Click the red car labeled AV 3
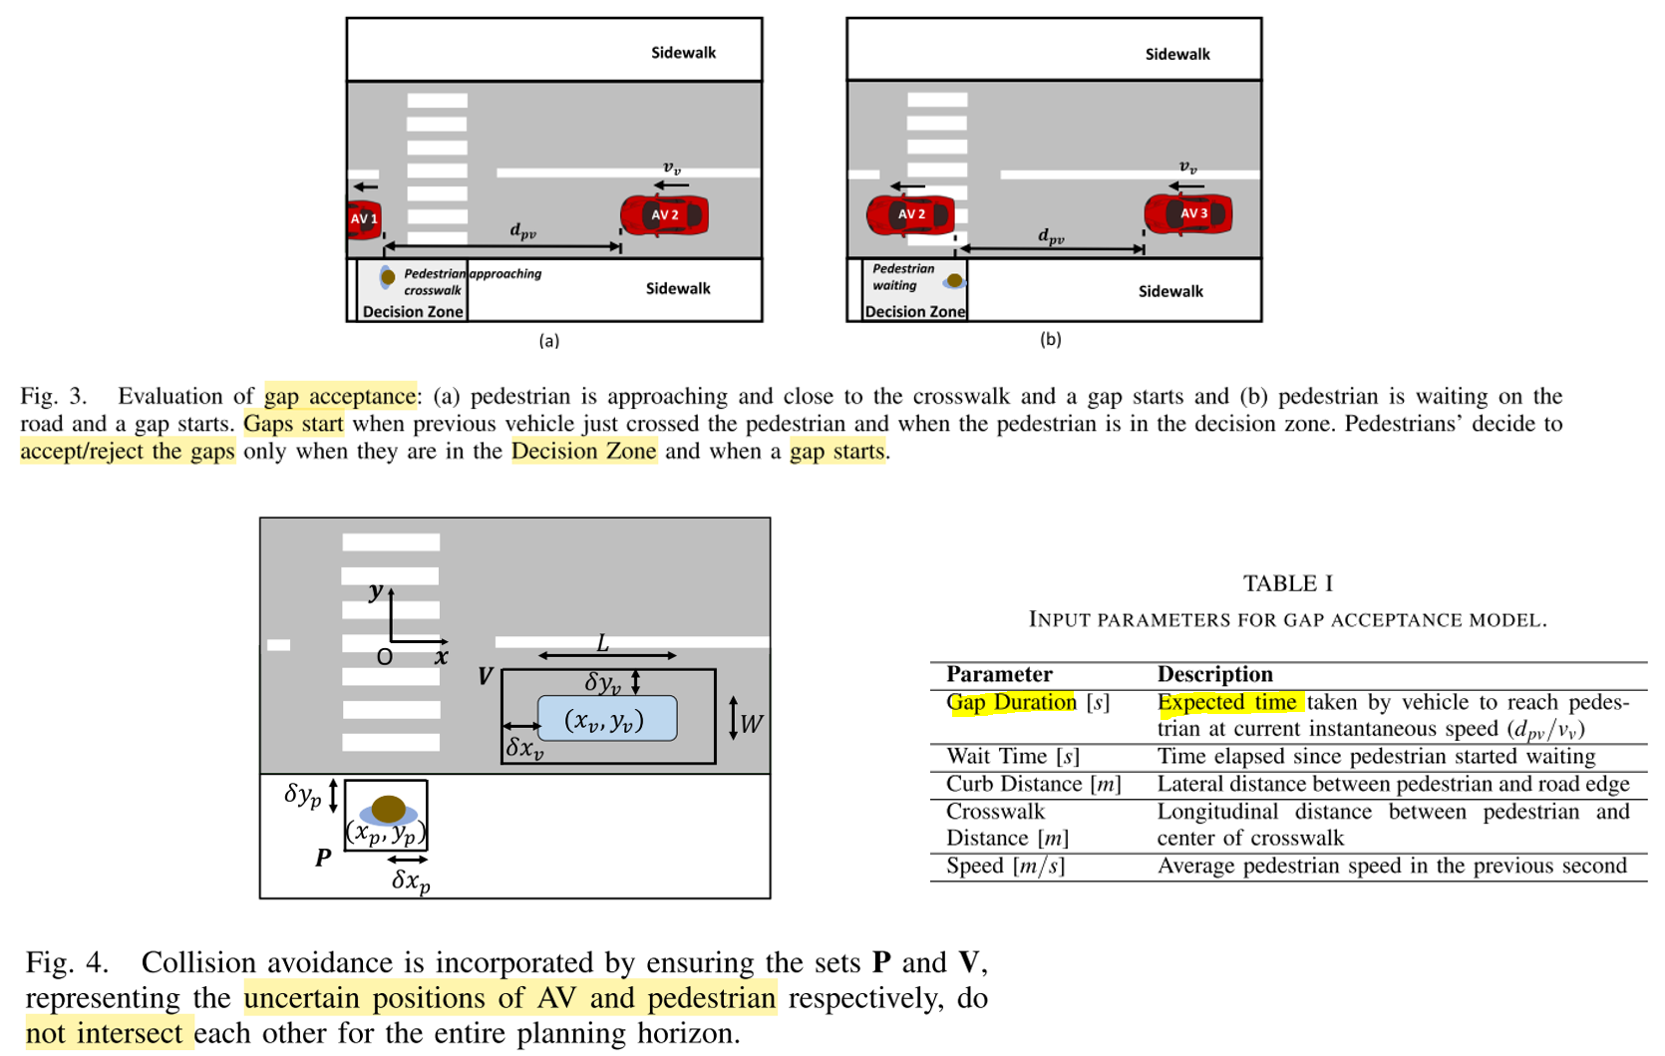pos(1187,213)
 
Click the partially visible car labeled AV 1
pos(364,219)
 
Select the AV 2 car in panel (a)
pos(664,215)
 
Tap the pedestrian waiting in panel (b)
pos(954,281)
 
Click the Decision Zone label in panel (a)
pos(413,311)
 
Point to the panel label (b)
pos(1050,339)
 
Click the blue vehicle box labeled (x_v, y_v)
pos(606,719)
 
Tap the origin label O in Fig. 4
pos(384,657)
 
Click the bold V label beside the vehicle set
pos(486,677)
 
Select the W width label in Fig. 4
pos(752,723)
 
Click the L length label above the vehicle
pos(603,644)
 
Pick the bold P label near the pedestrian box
pos(323,858)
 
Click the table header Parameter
pos(999,674)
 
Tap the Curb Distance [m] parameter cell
pos(1033,784)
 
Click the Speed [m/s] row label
pos(1005,866)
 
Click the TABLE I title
pos(1287,583)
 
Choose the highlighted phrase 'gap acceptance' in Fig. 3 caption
pos(340,396)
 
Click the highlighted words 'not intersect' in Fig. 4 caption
pos(104,1033)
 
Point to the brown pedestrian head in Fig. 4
pos(388,808)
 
